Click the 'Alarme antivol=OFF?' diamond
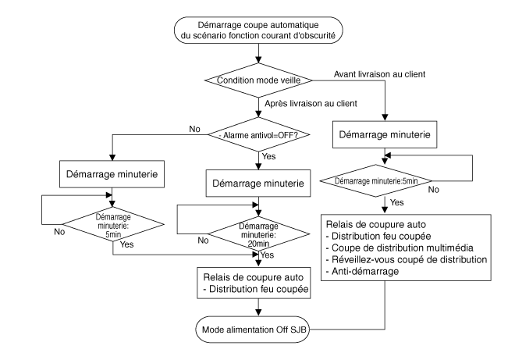coord(257,134)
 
